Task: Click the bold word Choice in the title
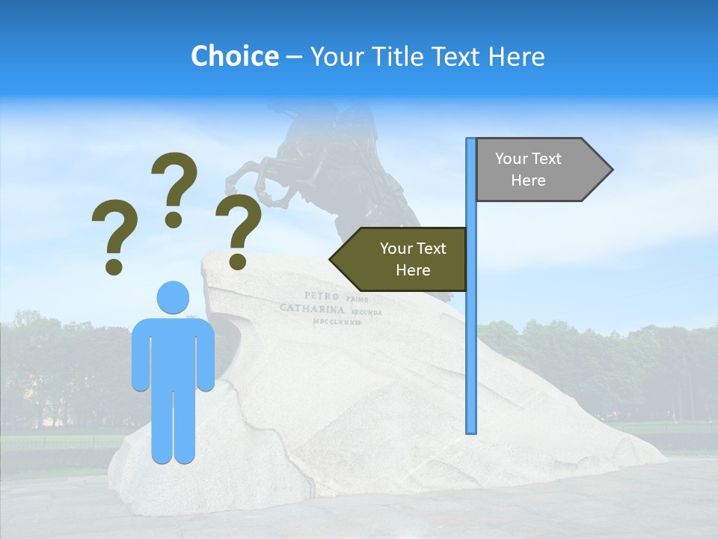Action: (234, 56)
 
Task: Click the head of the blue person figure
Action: (173, 296)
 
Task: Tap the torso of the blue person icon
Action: (173, 352)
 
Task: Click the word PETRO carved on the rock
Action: (322, 296)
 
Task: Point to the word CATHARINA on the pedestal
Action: (312, 308)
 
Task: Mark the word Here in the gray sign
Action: (528, 180)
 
